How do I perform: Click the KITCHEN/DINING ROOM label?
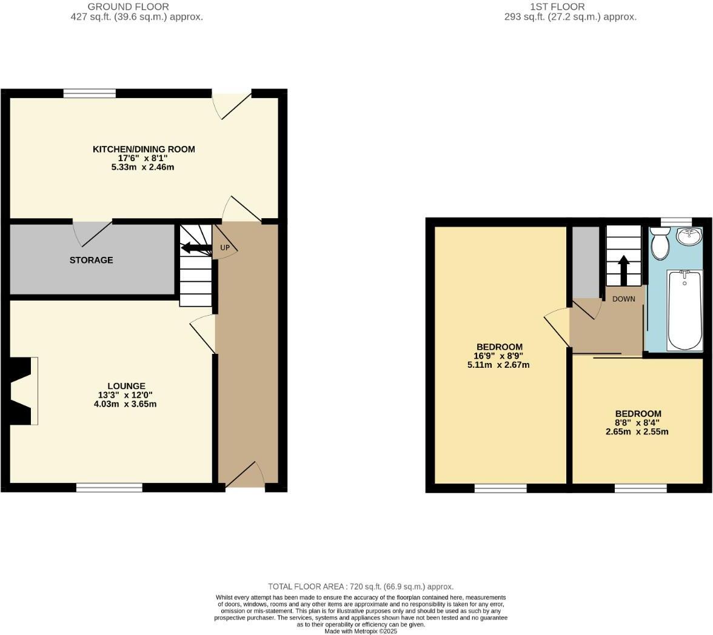point(144,149)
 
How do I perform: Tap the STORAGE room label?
point(91,260)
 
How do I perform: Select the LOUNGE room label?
point(126,386)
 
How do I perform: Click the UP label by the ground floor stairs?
point(225,248)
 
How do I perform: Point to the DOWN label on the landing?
point(623,299)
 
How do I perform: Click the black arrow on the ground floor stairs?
point(195,248)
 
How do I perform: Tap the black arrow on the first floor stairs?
point(623,270)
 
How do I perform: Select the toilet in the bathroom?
point(660,244)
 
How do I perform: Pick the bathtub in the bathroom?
point(685,310)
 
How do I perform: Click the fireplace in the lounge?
point(21,391)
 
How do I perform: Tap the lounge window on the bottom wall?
point(109,487)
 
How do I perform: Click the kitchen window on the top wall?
point(90,93)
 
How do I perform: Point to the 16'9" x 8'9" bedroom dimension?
point(499,356)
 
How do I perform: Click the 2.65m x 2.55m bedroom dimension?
point(637,432)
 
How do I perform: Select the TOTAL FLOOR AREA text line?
point(361,587)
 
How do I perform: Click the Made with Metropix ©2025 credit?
point(361,631)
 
